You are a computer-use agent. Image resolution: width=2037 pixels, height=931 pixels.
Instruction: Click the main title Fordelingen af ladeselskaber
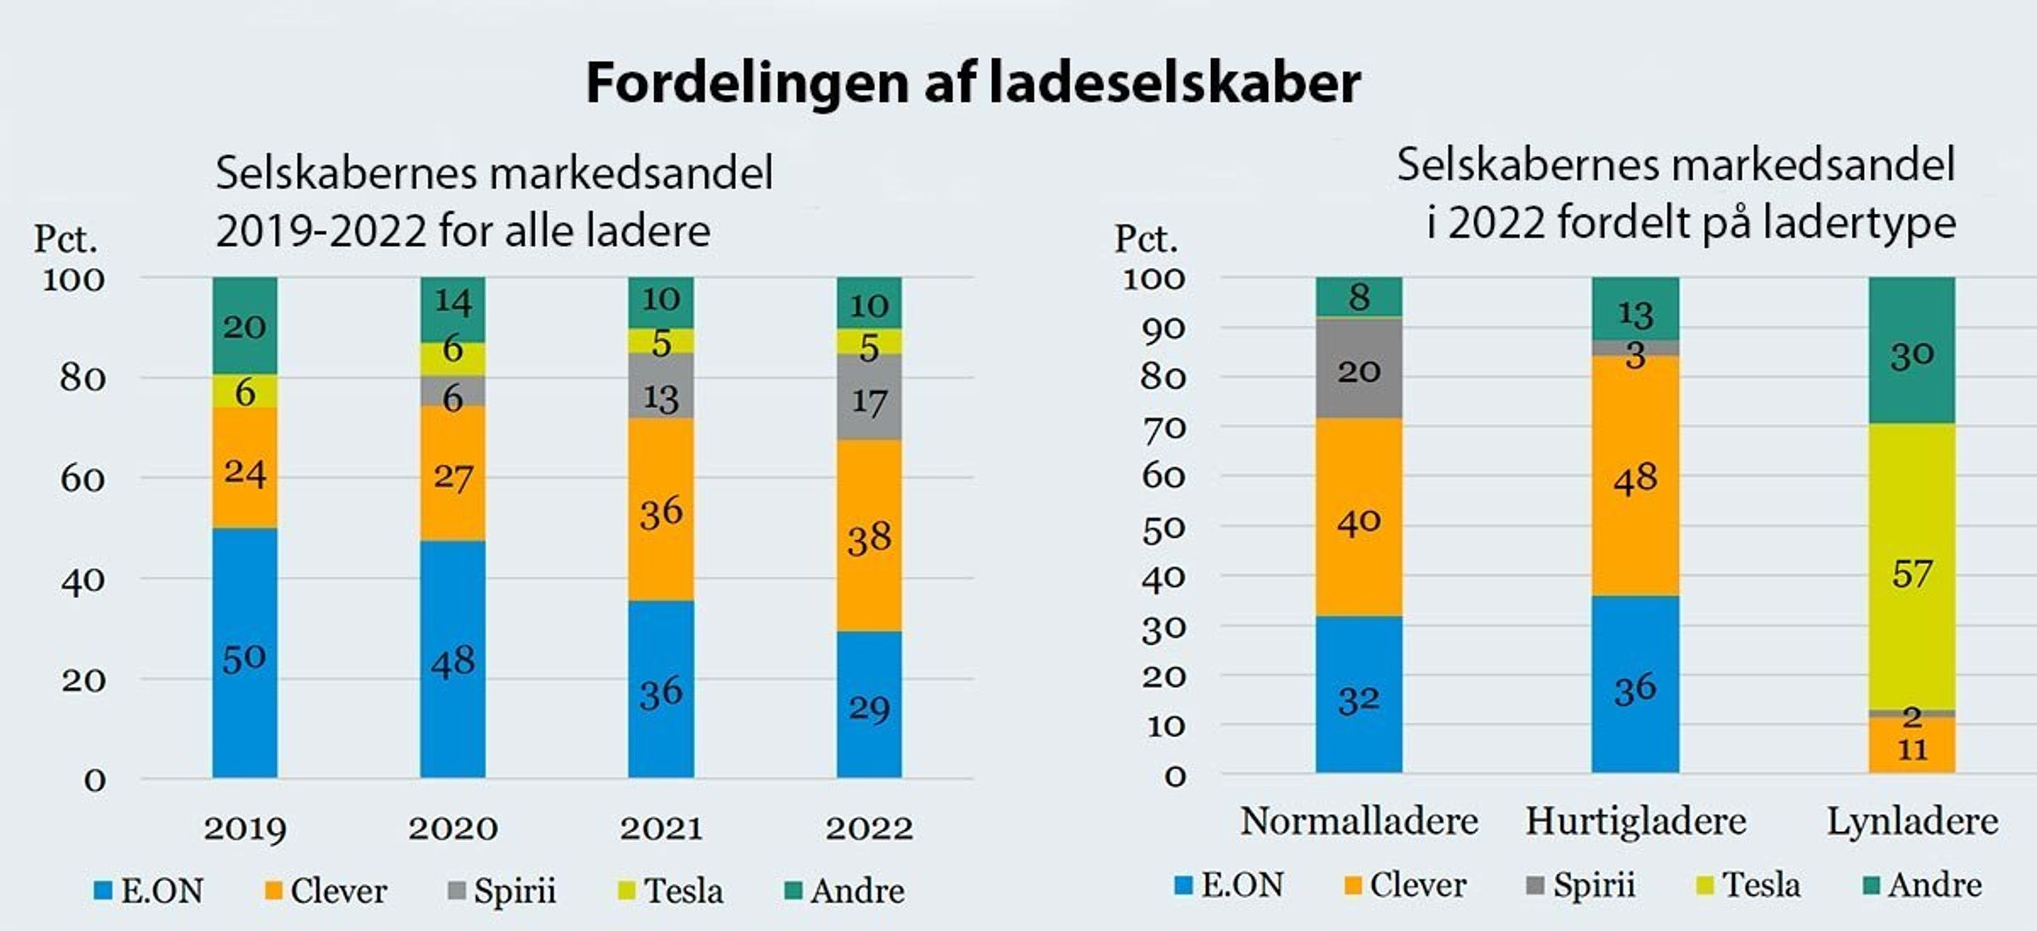click(x=972, y=83)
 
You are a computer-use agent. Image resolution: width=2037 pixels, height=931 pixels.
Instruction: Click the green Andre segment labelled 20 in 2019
click(x=244, y=325)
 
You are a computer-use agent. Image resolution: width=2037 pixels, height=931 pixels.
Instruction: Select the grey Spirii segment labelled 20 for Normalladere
click(x=1359, y=368)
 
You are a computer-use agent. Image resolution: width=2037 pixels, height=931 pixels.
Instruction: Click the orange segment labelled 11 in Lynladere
click(x=1912, y=746)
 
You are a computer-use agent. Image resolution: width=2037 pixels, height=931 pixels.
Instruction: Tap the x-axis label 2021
click(x=661, y=828)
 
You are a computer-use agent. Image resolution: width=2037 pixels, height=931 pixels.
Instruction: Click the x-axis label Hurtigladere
click(x=1635, y=822)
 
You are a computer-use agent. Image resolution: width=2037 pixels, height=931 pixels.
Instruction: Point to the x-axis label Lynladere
click(x=1912, y=822)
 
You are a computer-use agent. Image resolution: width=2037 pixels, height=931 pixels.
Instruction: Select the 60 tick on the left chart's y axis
click(x=83, y=479)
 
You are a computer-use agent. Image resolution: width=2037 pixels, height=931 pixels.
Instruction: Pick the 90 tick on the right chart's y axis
click(x=1164, y=327)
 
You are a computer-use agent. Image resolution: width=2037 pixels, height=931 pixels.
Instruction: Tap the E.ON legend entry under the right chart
click(x=1229, y=885)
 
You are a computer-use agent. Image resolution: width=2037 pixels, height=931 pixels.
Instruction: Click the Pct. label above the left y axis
click(x=65, y=239)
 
